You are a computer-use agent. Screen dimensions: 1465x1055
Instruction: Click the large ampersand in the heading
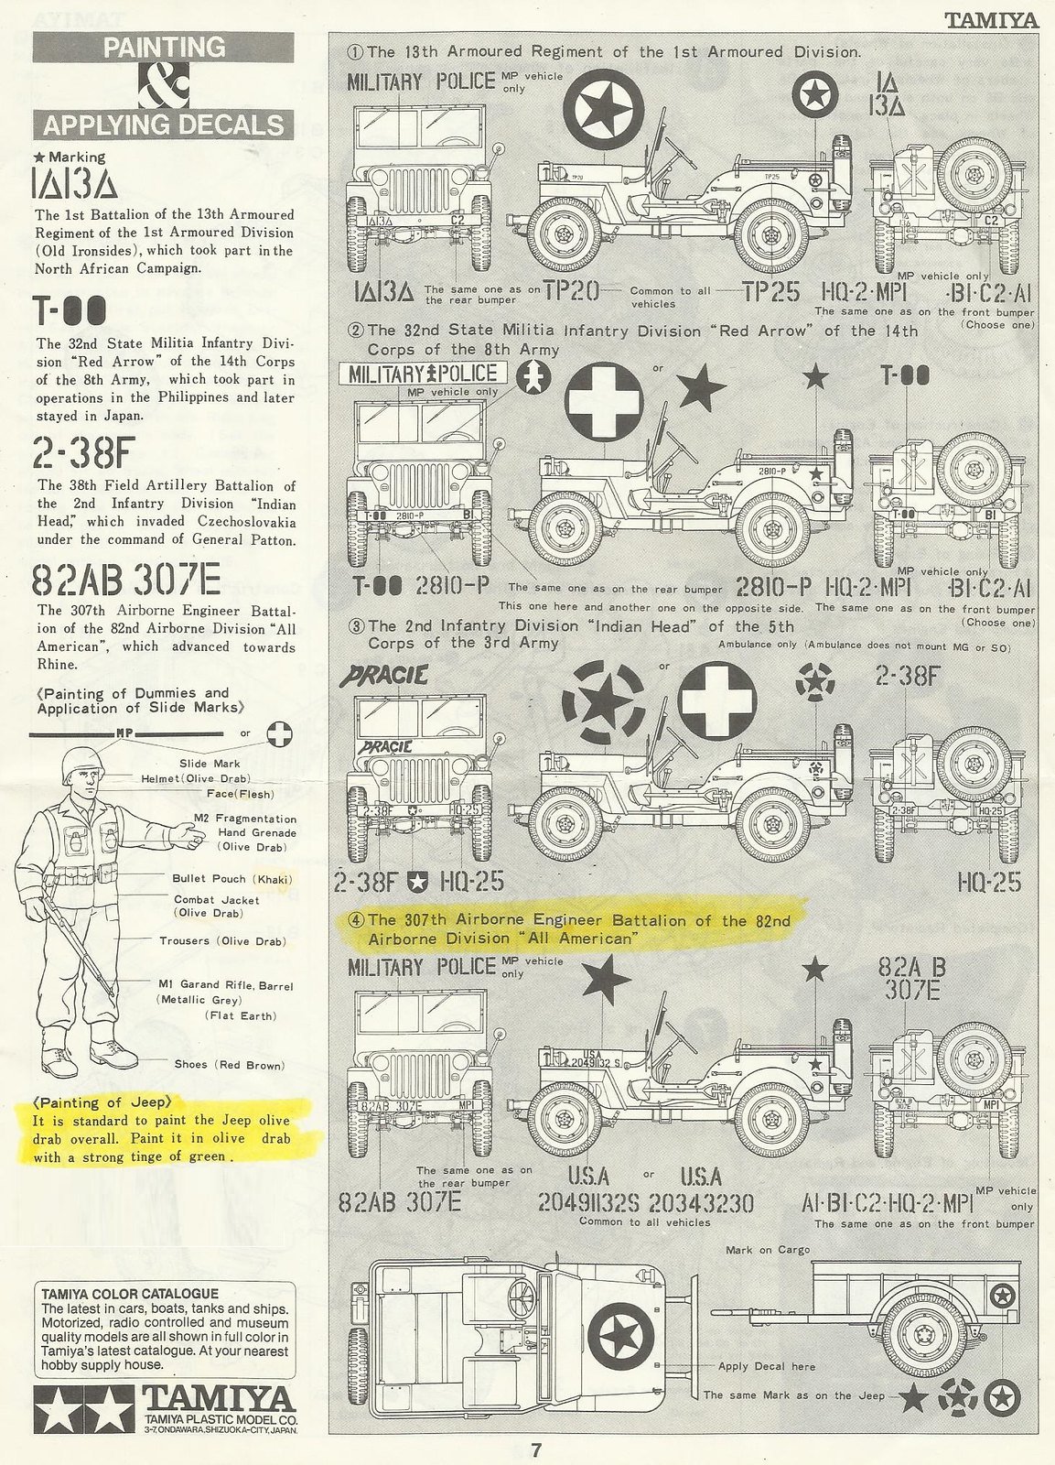163,86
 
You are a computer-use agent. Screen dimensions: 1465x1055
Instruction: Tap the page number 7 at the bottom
536,1449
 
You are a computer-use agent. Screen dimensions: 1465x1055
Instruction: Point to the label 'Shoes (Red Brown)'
229,1065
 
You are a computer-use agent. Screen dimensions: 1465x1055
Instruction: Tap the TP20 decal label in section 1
571,291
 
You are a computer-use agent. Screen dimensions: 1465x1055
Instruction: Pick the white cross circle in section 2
604,402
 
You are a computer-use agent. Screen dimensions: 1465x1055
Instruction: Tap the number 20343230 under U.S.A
700,1201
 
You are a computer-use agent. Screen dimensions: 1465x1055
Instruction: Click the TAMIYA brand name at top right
990,19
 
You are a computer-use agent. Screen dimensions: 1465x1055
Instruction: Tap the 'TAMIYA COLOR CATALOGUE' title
130,1294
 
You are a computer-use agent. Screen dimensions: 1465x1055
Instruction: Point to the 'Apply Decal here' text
766,1365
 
